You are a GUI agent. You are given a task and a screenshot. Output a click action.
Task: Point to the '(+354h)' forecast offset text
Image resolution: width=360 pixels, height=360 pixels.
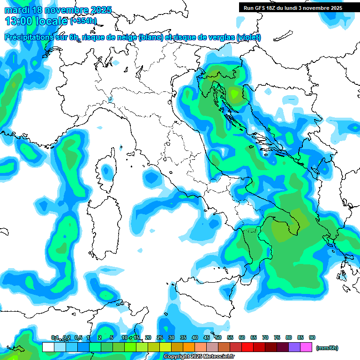point(83,21)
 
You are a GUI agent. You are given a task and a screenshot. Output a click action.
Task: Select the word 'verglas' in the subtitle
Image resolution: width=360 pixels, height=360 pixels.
point(223,37)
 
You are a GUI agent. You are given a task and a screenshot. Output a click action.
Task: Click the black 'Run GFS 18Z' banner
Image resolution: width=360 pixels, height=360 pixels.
point(292,7)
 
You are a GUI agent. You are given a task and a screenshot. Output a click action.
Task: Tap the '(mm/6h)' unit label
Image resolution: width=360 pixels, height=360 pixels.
point(327,348)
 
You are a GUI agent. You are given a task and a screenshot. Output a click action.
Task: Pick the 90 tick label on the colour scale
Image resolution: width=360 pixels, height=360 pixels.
point(312,337)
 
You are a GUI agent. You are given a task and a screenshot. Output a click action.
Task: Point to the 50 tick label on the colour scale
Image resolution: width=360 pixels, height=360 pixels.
point(218,337)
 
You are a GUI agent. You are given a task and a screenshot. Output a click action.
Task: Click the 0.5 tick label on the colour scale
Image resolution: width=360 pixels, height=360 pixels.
point(78,337)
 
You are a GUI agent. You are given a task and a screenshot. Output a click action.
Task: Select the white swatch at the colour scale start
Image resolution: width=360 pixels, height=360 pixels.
point(48,347)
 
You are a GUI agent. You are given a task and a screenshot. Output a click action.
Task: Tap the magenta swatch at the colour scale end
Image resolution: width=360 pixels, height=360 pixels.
point(307,347)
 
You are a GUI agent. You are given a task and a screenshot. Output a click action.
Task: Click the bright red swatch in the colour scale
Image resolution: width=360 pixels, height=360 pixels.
point(247,347)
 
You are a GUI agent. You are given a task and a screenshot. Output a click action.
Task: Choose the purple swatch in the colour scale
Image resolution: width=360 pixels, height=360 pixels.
point(294,347)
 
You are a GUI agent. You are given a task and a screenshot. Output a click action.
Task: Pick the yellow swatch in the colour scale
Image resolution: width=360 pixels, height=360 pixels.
point(165,347)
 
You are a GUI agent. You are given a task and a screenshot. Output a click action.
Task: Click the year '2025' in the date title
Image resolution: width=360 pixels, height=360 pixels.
point(101,10)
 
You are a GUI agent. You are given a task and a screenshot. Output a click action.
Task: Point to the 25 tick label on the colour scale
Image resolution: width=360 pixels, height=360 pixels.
point(160,337)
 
